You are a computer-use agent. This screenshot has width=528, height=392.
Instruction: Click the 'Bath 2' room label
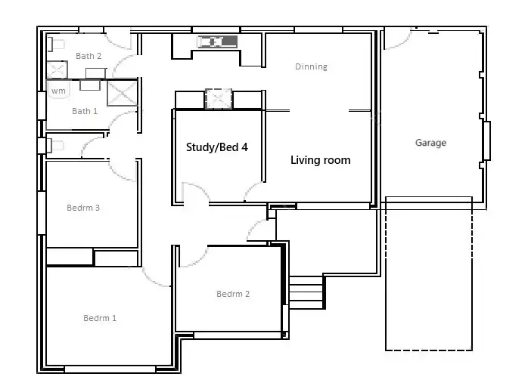[x=89, y=56]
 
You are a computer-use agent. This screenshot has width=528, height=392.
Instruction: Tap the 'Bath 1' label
[x=85, y=111]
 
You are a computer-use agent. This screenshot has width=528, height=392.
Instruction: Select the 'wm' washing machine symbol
[x=58, y=91]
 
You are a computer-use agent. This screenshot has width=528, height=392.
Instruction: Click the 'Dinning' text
[x=311, y=66]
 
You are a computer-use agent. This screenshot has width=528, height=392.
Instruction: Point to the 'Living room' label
[x=321, y=160]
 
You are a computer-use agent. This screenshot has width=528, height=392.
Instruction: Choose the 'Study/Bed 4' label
[x=217, y=147]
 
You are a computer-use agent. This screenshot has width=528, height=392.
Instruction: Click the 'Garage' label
[x=430, y=143]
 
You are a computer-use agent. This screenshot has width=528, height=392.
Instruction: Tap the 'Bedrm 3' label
[x=83, y=208]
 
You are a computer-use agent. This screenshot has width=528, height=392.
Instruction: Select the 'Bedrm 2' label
[x=233, y=294]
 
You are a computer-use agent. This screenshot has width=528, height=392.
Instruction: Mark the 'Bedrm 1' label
[x=100, y=318]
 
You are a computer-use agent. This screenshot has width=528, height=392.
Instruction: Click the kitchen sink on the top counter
[x=218, y=41]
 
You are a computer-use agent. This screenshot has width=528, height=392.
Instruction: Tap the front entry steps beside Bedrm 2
[x=306, y=292]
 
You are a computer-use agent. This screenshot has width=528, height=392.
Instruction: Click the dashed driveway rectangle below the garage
[x=429, y=287]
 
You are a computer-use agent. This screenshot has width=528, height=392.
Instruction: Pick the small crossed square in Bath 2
[x=57, y=70]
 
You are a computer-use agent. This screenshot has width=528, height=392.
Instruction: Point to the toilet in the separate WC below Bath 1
[x=55, y=144]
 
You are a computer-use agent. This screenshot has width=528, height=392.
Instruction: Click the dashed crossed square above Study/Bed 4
[x=218, y=99]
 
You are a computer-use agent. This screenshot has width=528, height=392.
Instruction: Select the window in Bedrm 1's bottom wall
[x=110, y=369]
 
